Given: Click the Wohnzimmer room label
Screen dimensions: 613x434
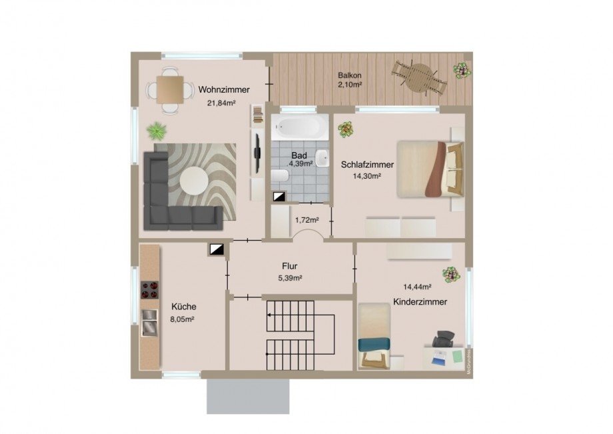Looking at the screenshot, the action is tap(224, 89).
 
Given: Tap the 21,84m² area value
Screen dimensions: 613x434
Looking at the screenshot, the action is tap(221, 103).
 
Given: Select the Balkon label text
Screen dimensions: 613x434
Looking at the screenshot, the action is tap(350, 75).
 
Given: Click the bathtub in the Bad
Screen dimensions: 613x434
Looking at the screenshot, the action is tap(301, 127).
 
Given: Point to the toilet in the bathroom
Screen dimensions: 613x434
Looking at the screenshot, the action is tap(280, 176).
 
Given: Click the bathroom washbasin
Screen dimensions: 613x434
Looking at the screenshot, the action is tap(322, 158).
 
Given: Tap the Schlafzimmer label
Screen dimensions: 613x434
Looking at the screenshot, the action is tap(367, 165).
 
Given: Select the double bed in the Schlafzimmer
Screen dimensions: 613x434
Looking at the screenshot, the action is tap(430, 169).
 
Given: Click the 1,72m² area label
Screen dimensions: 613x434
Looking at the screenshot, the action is tap(307, 220).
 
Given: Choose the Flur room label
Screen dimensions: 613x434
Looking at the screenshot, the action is tap(290, 266).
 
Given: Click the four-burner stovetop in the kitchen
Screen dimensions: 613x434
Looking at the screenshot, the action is tap(150, 290).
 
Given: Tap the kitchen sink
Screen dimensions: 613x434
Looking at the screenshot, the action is tap(149, 323).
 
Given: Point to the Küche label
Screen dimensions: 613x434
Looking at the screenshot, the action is tap(184, 307).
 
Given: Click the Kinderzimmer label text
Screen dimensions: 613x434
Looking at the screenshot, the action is tap(420, 302).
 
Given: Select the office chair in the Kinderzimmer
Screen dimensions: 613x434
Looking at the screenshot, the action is tap(444, 338).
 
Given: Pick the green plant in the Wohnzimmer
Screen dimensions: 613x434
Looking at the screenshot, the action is tap(157, 131).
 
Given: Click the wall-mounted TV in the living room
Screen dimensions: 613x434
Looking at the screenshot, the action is tap(257, 153).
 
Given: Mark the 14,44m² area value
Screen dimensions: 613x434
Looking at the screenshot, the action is tap(417, 287).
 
